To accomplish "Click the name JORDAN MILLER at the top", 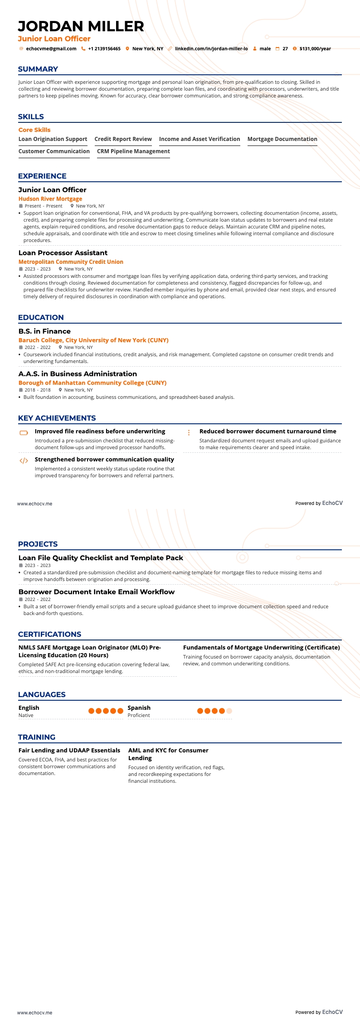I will (81, 26).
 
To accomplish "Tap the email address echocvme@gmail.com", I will (51, 48).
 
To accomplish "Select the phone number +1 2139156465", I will (104, 48).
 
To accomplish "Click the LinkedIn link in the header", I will (211, 48).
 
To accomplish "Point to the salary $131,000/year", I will (315, 48).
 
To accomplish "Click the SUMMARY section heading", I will (38, 69).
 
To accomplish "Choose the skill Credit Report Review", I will (123, 139).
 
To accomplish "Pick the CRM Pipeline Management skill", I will (133, 151).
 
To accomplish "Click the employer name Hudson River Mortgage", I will (50, 199).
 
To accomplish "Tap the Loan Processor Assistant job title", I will (63, 252).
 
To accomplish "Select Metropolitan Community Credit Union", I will (71, 262).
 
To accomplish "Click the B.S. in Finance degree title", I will (44, 331).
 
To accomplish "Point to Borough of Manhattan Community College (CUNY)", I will (92, 383).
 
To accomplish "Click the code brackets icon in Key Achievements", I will (24, 461).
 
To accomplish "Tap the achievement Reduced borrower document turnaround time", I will (268, 431).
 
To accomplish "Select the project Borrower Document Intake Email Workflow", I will (97, 591).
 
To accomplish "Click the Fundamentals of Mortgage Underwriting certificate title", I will (261, 647).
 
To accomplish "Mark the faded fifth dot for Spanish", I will (229, 711).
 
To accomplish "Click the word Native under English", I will (26, 715).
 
